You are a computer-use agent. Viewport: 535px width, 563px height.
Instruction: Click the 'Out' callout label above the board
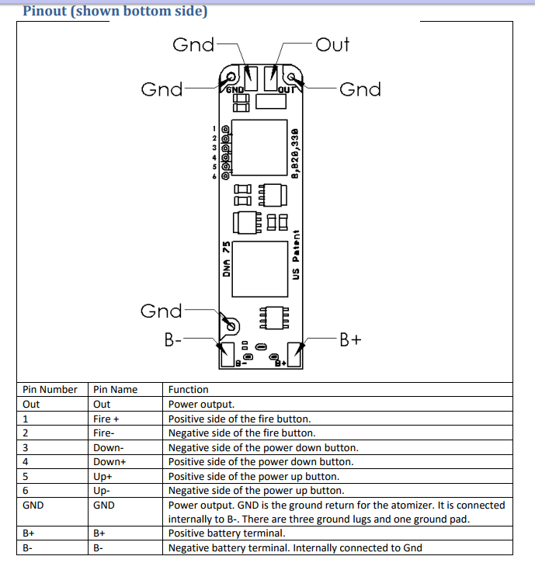tap(332, 45)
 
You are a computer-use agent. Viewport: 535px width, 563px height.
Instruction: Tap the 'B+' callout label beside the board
tap(350, 339)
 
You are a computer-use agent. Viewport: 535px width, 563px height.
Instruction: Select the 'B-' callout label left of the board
tap(172, 339)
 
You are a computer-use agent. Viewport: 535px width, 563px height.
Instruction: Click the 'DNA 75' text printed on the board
tap(226, 259)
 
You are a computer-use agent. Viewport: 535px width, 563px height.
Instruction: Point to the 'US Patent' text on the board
tap(296, 255)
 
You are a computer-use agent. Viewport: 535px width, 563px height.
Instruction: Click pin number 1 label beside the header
tap(214, 129)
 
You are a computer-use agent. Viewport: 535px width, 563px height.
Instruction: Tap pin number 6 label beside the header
tap(214, 176)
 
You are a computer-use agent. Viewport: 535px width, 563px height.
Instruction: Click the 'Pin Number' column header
tap(50, 390)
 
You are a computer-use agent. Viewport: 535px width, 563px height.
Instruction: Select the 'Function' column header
tap(188, 390)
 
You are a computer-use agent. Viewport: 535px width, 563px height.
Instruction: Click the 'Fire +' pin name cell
tap(106, 419)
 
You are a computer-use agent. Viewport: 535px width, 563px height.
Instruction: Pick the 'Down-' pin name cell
tap(109, 448)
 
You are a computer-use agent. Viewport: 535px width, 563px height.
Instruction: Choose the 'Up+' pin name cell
tap(102, 477)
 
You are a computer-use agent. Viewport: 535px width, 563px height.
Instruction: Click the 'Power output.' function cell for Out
tap(201, 405)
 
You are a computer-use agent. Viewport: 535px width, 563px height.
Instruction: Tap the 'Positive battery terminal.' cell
tap(227, 533)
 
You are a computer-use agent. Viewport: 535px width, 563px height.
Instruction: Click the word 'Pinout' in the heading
tap(45, 11)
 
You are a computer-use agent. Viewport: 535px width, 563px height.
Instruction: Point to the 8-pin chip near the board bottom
tap(274, 318)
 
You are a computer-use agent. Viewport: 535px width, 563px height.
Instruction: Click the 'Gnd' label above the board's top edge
tap(193, 45)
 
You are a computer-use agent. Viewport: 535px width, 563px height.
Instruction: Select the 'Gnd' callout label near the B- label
tap(162, 311)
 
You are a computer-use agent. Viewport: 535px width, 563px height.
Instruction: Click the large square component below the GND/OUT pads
tap(259, 148)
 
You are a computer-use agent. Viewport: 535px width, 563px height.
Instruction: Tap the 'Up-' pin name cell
tap(102, 491)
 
